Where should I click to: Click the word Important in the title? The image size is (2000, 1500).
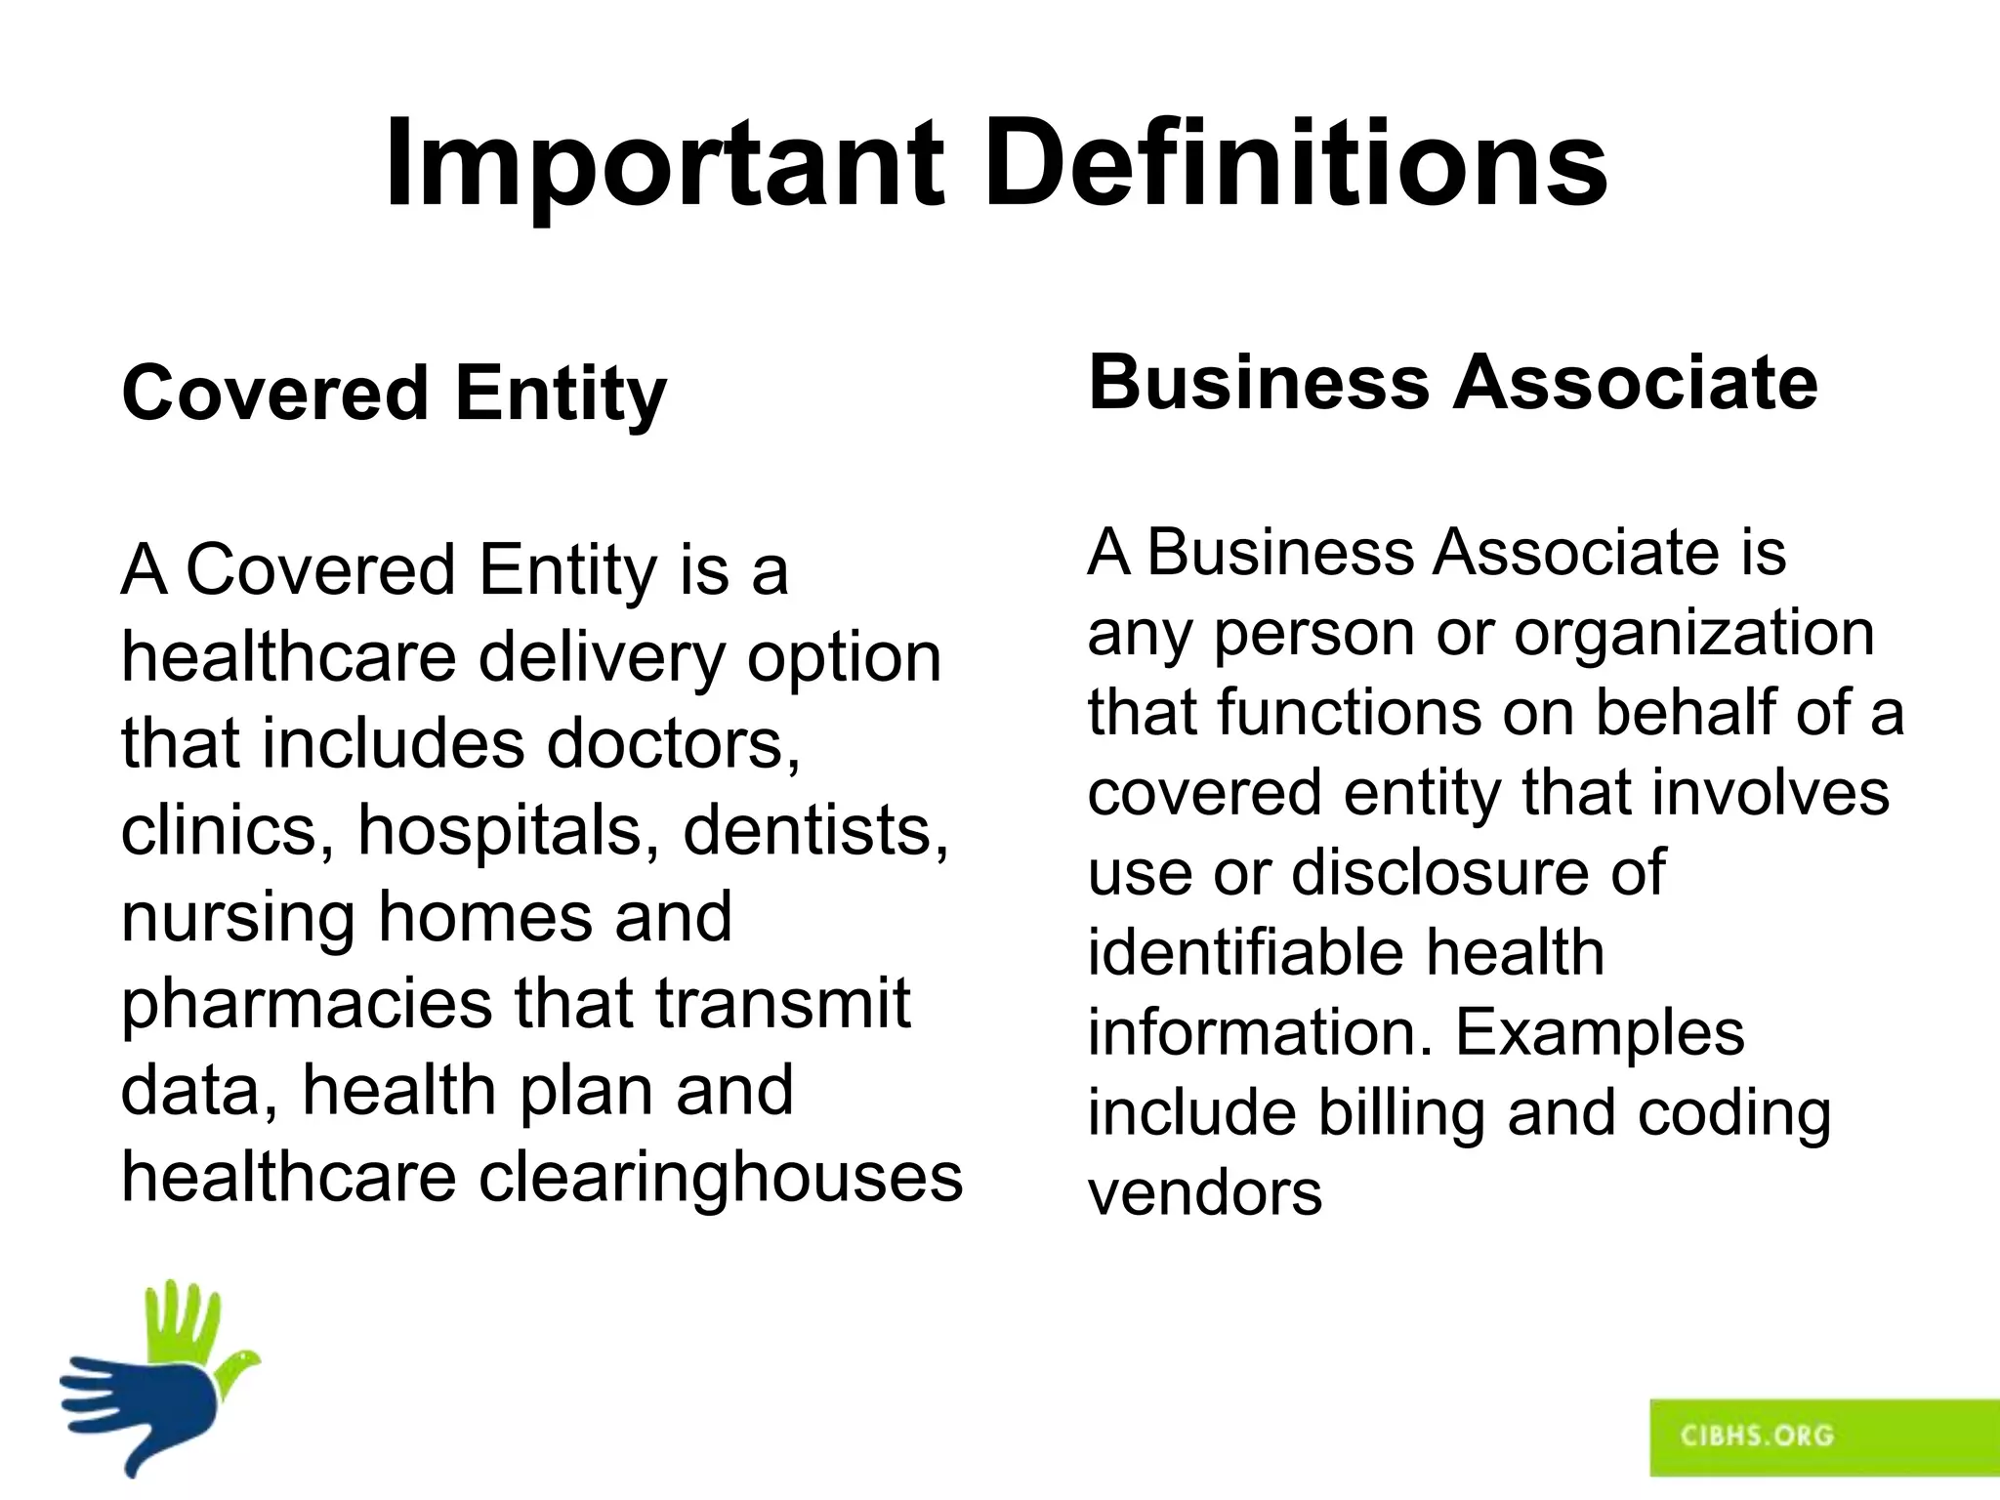pos(665,164)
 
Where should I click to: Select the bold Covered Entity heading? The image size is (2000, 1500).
pos(394,393)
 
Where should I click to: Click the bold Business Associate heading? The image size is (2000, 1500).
pos(1453,382)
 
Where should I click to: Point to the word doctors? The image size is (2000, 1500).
pos(673,743)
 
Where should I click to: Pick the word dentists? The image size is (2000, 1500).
pos(815,830)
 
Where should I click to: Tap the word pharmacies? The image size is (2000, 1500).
pos(307,1004)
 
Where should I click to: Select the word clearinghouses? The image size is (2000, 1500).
pos(721,1177)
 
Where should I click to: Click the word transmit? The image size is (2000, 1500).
pos(782,1004)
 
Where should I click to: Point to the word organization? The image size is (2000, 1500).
pos(1694,634)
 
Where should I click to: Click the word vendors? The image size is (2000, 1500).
pos(1205,1193)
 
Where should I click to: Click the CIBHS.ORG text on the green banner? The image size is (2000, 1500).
pos(1757,1436)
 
